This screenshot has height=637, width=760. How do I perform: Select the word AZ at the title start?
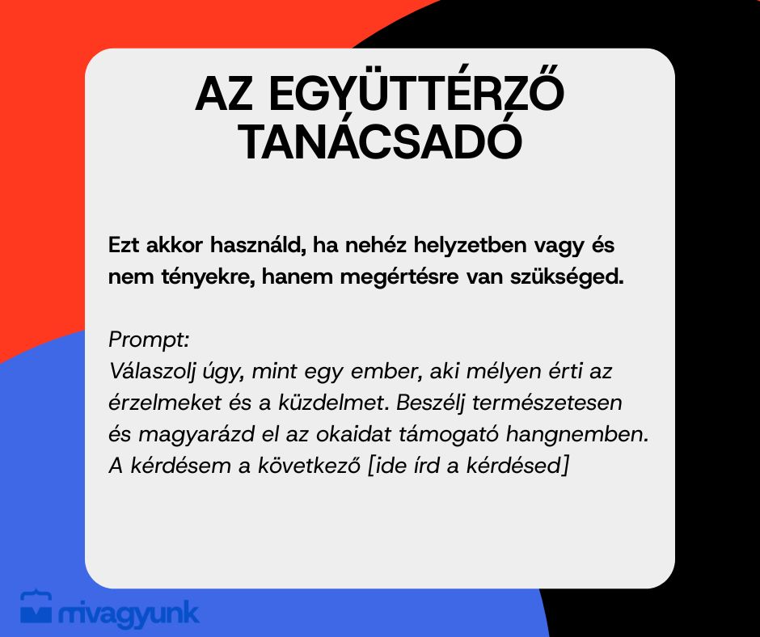[x=224, y=95]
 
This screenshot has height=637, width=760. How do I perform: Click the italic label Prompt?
[x=149, y=340]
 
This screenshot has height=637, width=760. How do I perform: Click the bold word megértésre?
[x=399, y=277]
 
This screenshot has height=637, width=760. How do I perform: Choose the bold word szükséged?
[x=567, y=277]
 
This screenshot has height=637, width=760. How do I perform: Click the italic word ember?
[x=386, y=372]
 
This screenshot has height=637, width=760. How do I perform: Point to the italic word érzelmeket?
[x=165, y=403]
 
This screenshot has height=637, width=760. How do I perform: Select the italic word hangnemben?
[x=577, y=435]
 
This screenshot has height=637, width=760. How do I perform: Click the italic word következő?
[x=309, y=466]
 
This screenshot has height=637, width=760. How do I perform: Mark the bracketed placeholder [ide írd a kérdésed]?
[x=468, y=466]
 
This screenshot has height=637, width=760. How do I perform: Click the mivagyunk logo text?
[x=129, y=614]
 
